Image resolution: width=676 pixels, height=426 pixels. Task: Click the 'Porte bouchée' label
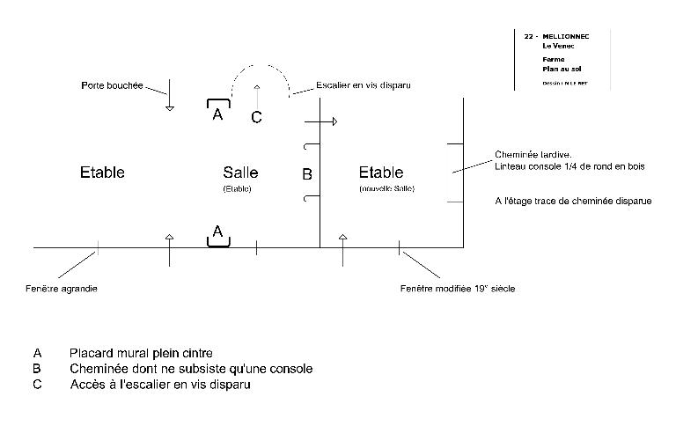(x=111, y=86)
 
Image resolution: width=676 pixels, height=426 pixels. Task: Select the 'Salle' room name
(x=240, y=173)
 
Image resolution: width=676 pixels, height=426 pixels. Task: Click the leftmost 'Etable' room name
(x=102, y=173)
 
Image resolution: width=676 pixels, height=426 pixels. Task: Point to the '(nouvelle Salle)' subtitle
(x=387, y=189)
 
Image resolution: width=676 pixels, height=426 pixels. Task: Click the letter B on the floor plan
(x=307, y=175)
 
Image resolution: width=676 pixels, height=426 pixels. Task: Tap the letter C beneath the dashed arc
(x=256, y=117)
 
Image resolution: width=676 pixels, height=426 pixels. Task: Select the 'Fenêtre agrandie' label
(x=62, y=289)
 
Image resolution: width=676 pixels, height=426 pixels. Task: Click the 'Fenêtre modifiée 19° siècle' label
(x=459, y=288)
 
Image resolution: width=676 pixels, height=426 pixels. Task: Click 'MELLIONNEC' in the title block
(x=565, y=36)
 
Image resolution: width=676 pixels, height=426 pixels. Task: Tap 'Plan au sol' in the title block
(x=562, y=69)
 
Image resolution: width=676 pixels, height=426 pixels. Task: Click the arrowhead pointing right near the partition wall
(x=334, y=121)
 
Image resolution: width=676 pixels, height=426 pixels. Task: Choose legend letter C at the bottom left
(x=37, y=384)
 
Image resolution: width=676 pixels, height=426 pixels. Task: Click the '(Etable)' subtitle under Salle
(x=238, y=189)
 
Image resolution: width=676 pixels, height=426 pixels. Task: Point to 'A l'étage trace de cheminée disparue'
(x=573, y=201)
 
